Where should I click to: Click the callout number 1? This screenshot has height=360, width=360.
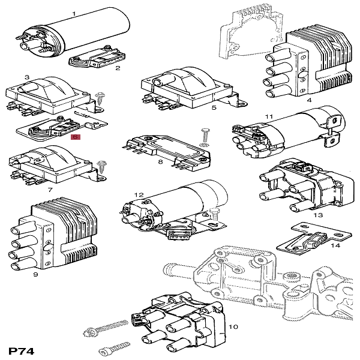[x=74, y=13]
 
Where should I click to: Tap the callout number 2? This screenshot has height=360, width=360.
[x=118, y=68]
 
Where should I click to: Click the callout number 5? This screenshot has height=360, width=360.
[x=214, y=108]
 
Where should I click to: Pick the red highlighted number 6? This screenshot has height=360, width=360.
[x=75, y=137]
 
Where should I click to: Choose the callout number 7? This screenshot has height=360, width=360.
[x=50, y=190]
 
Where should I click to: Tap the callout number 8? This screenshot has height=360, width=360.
[x=160, y=162]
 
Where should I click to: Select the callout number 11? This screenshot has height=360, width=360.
[x=269, y=116]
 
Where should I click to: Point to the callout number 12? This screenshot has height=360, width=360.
[x=139, y=194]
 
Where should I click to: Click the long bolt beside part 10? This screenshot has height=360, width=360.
[x=107, y=329]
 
